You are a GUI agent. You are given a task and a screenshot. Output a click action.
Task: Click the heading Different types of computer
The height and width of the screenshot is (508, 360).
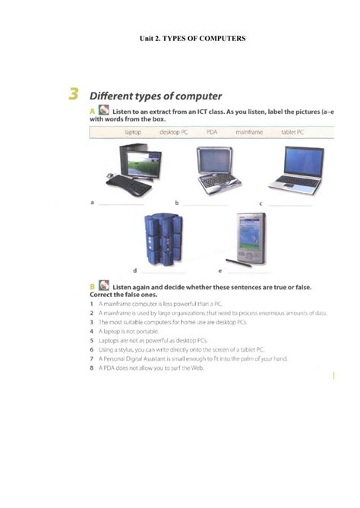(x=156, y=96)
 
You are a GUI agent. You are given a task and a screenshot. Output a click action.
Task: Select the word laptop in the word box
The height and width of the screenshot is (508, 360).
(x=133, y=132)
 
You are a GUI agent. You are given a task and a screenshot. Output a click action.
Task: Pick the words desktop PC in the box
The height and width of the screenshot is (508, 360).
(x=174, y=132)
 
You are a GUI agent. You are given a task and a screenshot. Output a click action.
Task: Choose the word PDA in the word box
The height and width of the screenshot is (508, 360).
(x=212, y=132)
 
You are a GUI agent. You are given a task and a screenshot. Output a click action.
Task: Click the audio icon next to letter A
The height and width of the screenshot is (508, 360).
(x=104, y=112)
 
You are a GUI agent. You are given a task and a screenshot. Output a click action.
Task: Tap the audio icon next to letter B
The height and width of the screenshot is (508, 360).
(x=103, y=286)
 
